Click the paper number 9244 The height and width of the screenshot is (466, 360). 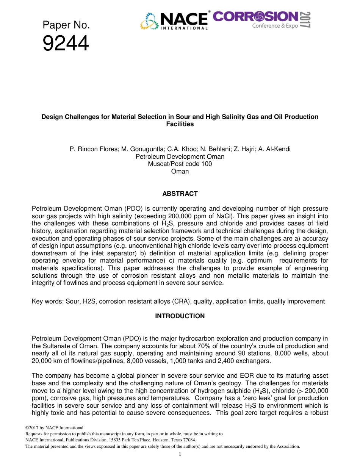pos(66,44)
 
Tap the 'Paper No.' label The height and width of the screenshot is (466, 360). pos(66,25)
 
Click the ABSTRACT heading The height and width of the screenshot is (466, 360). pos(180,194)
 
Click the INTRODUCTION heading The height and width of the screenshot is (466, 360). pos(180,316)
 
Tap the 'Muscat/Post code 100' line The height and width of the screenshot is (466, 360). pos(180,164)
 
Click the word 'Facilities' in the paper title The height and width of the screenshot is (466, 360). pos(180,124)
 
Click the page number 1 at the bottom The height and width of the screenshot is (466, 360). pos(180,454)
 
